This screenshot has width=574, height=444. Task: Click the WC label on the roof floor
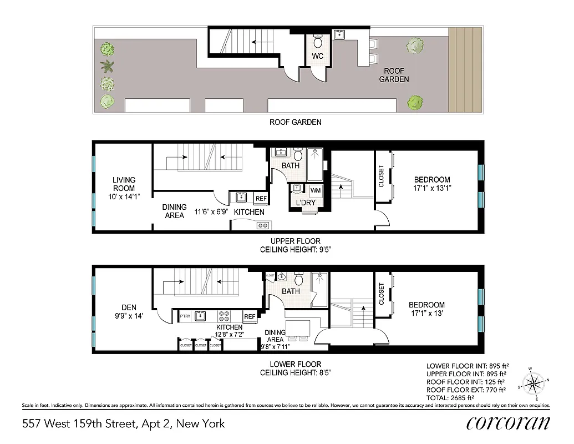click(318, 57)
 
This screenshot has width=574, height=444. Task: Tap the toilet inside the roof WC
click(318, 42)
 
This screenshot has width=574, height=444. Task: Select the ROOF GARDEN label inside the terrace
click(394, 75)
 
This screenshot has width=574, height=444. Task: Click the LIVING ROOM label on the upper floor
click(124, 184)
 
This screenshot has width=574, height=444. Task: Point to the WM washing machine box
click(316, 190)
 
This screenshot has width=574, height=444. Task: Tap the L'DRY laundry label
click(306, 203)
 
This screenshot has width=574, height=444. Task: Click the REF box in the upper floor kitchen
click(260, 198)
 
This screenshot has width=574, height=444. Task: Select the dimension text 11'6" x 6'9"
click(210, 211)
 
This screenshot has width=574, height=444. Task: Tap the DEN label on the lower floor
click(129, 307)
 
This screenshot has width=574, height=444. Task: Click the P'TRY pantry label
click(185, 316)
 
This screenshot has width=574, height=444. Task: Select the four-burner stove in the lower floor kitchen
click(225, 316)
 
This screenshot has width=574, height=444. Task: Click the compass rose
click(535, 384)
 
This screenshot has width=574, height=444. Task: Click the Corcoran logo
click(508, 423)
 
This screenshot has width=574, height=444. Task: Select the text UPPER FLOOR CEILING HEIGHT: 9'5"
click(296, 245)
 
